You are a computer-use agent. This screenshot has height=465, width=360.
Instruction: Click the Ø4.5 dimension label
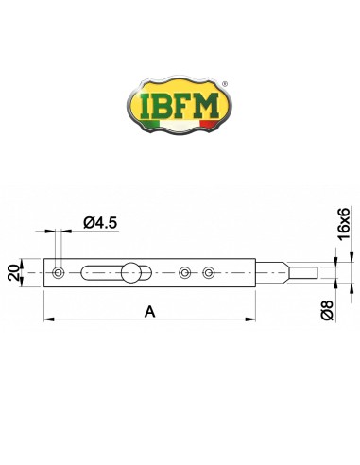[100, 223]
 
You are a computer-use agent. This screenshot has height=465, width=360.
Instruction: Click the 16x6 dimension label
[345, 223]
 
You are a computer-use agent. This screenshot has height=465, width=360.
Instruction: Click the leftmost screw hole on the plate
[60, 272]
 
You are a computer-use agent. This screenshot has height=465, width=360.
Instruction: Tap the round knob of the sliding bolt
[131, 272]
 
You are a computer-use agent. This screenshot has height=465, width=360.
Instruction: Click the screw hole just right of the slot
[185, 272]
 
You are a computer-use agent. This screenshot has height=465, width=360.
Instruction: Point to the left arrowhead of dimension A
[48, 321]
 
